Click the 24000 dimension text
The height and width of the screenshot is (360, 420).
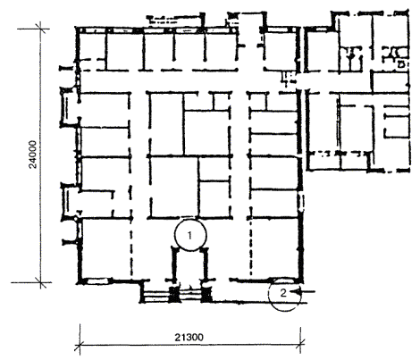pyautogui.click(x=33, y=155)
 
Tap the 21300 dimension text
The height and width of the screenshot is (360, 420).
pyautogui.click(x=189, y=338)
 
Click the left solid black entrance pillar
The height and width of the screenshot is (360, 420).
pyautogui.click(x=173, y=294)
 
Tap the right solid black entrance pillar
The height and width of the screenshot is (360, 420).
pyautogui.click(x=206, y=294)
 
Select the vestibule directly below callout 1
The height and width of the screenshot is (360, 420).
pyautogui.click(x=190, y=266)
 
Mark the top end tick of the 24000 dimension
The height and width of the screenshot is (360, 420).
pyautogui.click(x=41, y=29)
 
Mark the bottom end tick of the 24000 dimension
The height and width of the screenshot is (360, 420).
pyautogui.click(x=41, y=282)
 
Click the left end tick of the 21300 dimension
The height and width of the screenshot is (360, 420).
pyautogui.click(x=80, y=346)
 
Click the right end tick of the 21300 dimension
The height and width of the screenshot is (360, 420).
pyautogui.click(x=300, y=346)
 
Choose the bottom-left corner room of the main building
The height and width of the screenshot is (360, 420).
pyautogui.click(x=106, y=249)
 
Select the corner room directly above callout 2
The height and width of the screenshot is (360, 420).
pyautogui.click(x=274, y=248)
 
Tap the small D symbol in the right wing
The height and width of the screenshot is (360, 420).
pyautogui.click(x=400, y=64)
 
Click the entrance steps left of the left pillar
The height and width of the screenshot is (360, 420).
pyautogui.click(x=155, y=296)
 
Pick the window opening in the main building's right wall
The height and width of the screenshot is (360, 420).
pyautogui.click(x=301, y=202)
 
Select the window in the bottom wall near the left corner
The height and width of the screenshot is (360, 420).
pyautogui.click(x=96, y=280)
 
